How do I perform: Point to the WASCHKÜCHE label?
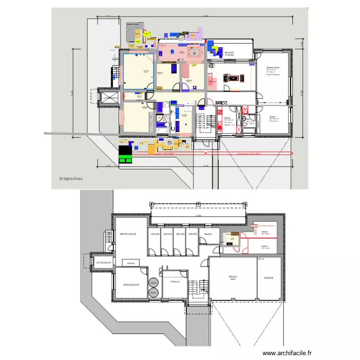coord(131,285)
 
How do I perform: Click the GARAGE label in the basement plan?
coord(268,278)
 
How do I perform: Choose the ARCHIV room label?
coord(232,278)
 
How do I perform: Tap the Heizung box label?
coord(130,263)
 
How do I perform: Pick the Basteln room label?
coord(208,234)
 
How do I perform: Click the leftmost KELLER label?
coord(155,234)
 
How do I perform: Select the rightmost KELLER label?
coord(192,234)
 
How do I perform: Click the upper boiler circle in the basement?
coord(153,283)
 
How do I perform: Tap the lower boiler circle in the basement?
coord(153,292)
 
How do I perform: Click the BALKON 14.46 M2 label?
coord(229,53)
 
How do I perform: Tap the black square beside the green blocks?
coord(125,150)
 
